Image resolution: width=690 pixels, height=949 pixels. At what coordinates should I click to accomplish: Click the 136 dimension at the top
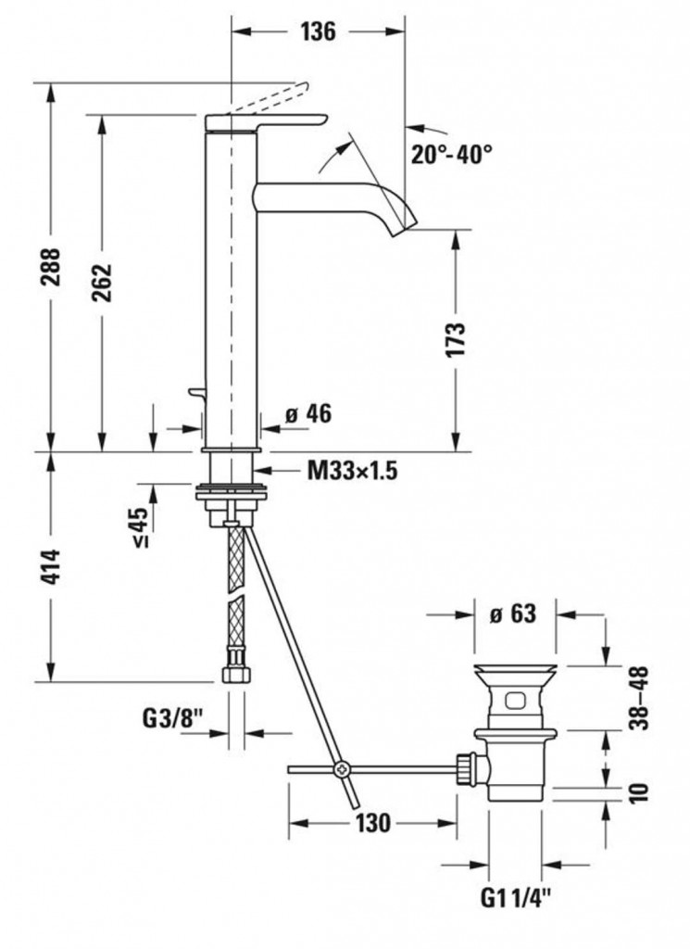pos(318,31)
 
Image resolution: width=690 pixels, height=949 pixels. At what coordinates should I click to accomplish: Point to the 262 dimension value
pos(102,283)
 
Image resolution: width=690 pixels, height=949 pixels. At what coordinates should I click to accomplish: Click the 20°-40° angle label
pos(452,154)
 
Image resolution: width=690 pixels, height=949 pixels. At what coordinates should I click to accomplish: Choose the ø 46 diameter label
pos(308,414)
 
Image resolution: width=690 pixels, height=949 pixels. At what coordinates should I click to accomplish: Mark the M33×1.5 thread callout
pos(353,470)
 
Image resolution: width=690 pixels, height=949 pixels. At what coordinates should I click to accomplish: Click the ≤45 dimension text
pos(140,526)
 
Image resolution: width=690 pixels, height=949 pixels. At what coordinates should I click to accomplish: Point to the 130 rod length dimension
pos(372,823)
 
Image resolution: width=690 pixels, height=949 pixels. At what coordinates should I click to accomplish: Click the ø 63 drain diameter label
pos(513,614)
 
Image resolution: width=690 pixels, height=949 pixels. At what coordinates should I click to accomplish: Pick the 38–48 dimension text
pos(639,698)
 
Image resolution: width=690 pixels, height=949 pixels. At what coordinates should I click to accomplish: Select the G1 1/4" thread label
pos(516,897)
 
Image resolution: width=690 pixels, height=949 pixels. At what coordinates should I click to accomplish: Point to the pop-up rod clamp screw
pos(341,769)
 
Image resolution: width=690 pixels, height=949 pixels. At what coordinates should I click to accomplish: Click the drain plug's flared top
pos(515,672)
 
